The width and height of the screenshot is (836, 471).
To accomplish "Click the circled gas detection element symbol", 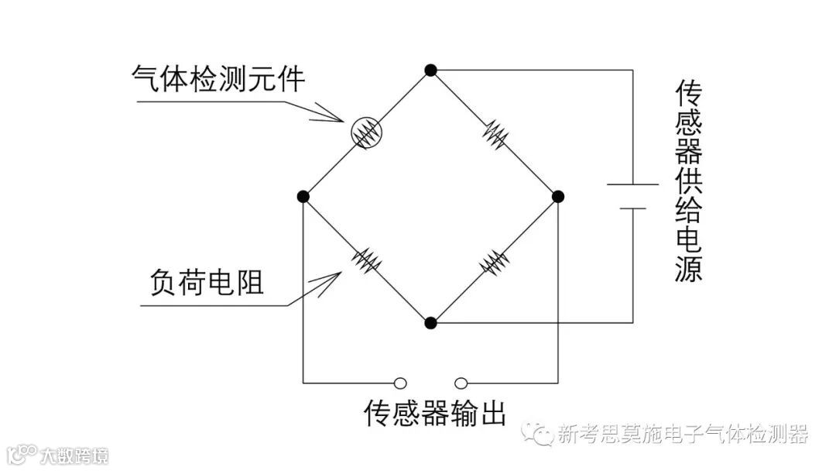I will (x=365, y=133).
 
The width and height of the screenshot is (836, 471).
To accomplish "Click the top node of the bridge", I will (x=430, y=70).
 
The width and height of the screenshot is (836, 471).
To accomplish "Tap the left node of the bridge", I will (x=303, y=197).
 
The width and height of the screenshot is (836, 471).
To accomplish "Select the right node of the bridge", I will (x=558, y=197).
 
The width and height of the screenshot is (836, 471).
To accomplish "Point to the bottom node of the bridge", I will (x=431, y=322).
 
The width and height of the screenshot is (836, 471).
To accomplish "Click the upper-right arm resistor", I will (x=495, y=134).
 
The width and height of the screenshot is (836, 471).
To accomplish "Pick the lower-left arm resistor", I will (x=367, y=260).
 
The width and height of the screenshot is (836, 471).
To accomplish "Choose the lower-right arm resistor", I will (x=494, y=260).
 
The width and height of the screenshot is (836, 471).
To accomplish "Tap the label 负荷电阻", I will (x=205, y=282).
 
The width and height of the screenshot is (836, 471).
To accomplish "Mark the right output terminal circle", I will (x=461, y=382).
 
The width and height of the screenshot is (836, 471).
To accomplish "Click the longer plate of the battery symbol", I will (x=632, y=185).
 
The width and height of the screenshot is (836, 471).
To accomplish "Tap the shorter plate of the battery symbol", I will (x=632, y=208).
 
